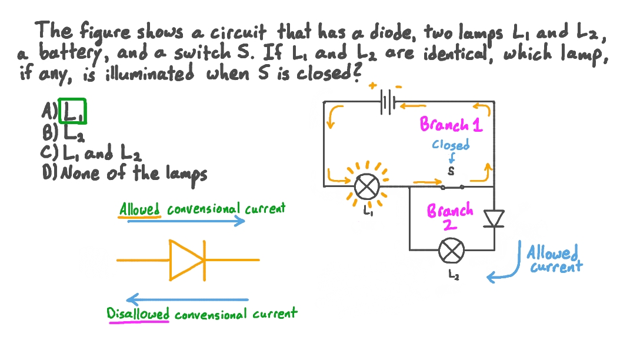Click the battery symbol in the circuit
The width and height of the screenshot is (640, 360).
(388, 102)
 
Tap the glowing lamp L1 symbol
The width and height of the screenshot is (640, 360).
(368, 187)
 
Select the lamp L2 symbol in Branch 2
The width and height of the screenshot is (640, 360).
(452, 251)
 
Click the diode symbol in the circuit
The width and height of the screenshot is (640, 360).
(494, 218)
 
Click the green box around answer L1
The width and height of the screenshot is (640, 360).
(72, 111)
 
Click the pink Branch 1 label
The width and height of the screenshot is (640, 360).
(451, 124)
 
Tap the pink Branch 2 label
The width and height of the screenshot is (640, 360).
(451, 216)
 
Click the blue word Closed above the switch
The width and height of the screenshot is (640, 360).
(451, 144)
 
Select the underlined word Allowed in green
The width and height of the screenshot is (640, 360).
(140, 209)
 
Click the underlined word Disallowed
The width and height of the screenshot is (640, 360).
(138, 314)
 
